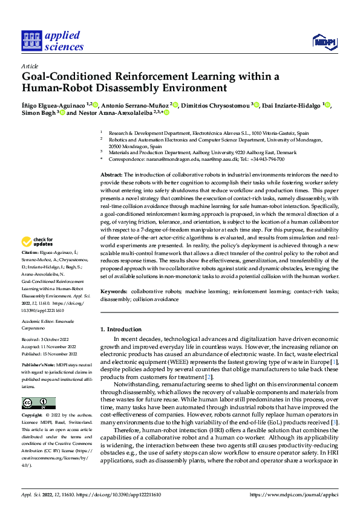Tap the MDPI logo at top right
[x=324, y=41]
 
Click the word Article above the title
[x=30, y=66]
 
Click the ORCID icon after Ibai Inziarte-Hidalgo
[x=328, y=105]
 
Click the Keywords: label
[x=116, y=291]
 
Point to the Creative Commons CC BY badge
[x=38, y=403]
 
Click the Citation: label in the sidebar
[x=30, y=251]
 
